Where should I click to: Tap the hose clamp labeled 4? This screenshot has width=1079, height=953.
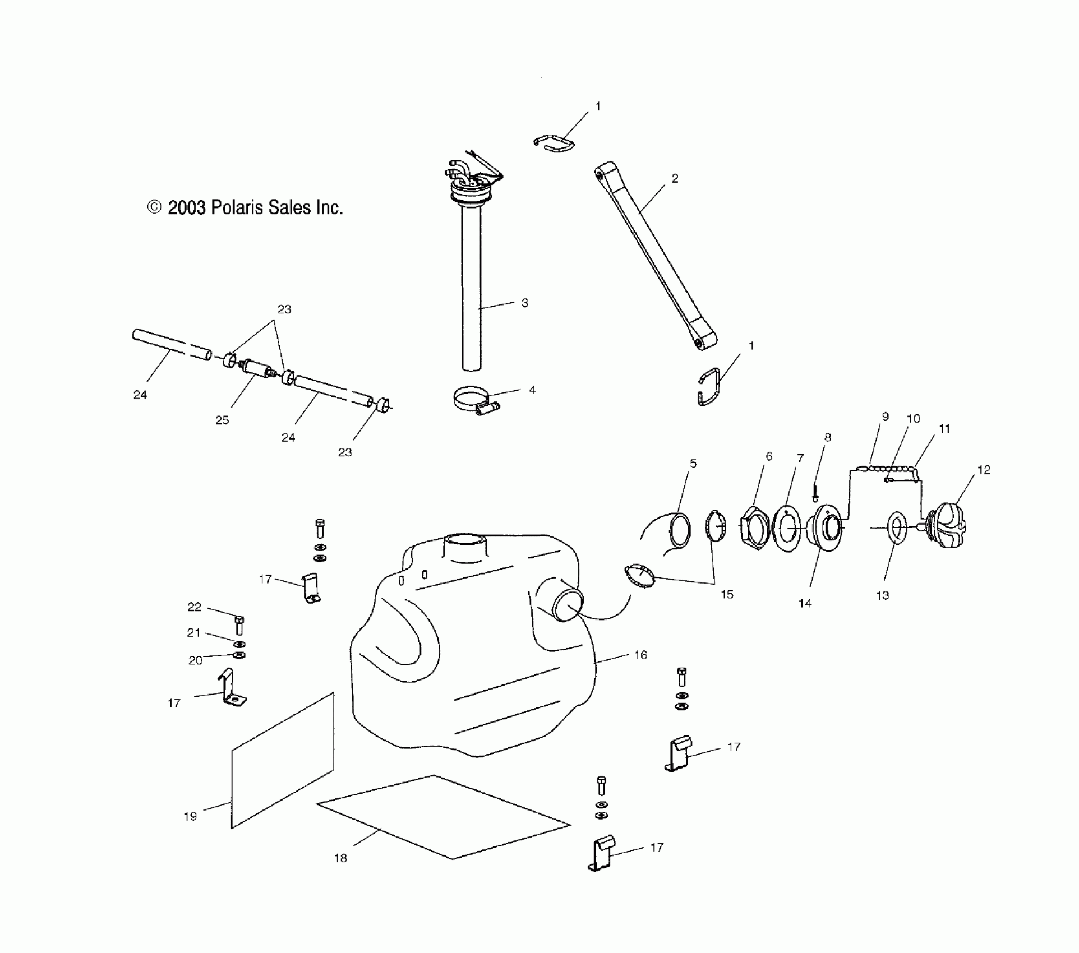click(473, 402)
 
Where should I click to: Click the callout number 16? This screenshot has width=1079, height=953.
click(640, 655)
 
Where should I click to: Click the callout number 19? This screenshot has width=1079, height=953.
click(190, 817)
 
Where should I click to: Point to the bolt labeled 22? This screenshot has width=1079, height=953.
click(239, 625)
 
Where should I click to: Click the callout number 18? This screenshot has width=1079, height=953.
click(340, 858)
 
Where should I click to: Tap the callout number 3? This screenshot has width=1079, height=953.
click(525, 303)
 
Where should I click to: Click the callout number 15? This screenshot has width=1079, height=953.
click(727, 594)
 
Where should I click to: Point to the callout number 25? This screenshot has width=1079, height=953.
click(222, 420)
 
